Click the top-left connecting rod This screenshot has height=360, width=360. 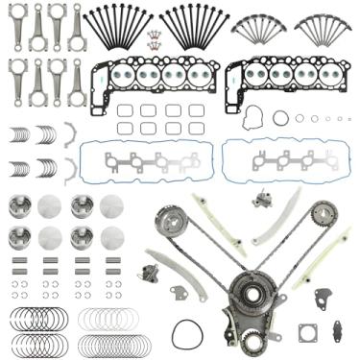16,26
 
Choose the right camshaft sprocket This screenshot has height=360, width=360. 324,213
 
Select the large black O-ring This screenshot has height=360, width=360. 188,334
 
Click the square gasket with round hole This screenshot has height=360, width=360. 308,332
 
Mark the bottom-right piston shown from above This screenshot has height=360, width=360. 111,237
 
